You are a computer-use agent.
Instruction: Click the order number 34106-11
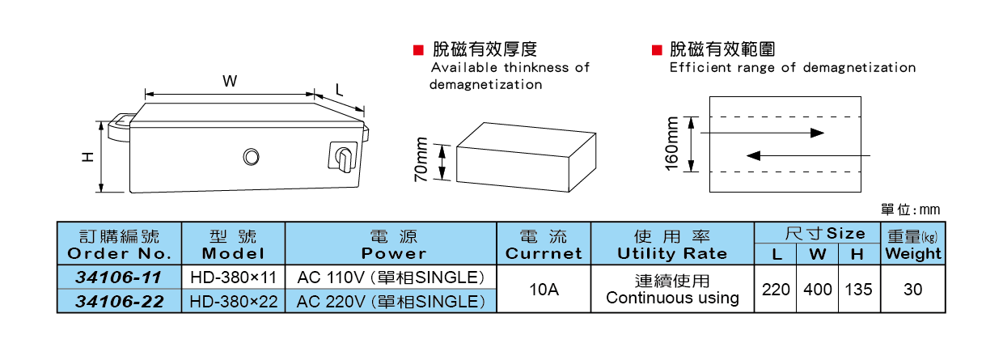[119, 277]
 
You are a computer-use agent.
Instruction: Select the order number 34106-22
[119, 302]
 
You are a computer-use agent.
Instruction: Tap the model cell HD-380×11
[233, 277]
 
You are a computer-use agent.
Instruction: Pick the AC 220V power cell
[391, 302]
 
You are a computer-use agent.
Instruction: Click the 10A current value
[544, 289]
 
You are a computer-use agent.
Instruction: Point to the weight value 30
[912, 289]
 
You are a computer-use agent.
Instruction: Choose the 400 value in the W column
[818, 289]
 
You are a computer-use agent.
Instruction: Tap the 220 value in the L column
[776, 289]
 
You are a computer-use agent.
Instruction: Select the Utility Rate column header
[672, 253]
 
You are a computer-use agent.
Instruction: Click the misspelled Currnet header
[544, 253]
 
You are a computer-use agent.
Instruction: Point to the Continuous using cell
[672, 298]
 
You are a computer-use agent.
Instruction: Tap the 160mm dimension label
[671, 144]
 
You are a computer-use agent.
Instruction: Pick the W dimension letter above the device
[230, 81]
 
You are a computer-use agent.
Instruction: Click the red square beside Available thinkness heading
[418, 50]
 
